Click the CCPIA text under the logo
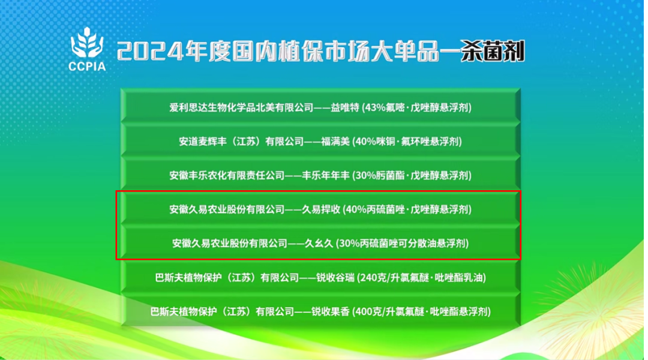(87, 66)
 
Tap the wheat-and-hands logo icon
(87, 42)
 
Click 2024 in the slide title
(150, 52)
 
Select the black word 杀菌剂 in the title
(493, 51)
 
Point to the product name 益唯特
(345, 107)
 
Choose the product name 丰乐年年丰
(326, 175)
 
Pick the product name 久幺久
(319, 243)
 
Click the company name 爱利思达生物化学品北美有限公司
(241, 107)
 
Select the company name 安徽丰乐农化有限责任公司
(227, 175)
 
